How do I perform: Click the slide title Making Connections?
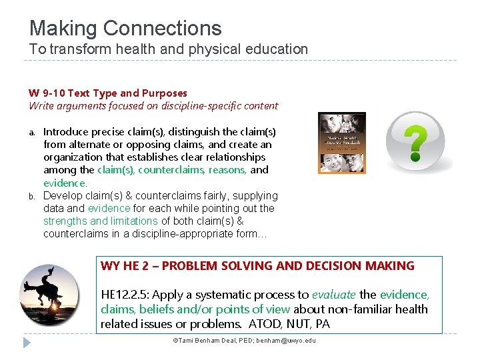[x=125, y=28]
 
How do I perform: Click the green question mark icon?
[x=417, y=142]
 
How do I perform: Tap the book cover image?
[x=342, y=143]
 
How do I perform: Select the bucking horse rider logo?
[x=58, y=294]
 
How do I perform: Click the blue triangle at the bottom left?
[x=27, y=343]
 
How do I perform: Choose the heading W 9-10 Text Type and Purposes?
[x=107, y=93]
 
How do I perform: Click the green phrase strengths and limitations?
[x=101, y=221]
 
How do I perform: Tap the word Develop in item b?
[x=63, y=196]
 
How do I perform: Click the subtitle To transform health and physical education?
[x=168, y=49]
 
